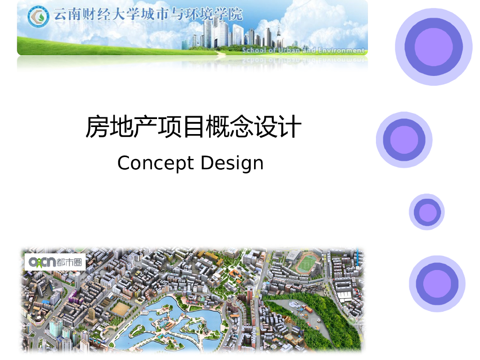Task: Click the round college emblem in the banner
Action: (38, 17)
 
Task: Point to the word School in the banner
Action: (254, 50)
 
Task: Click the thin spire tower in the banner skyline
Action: (278, 35)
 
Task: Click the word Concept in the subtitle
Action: (156, 163)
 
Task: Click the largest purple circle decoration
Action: (434, 47)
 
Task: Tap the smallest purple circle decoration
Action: (427, 212)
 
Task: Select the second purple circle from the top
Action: (404, 140)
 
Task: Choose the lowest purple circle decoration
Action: (437, 284)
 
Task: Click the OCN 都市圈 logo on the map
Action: (55, 262)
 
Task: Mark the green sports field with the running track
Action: (308, 263)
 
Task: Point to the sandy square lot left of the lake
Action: (120, 308)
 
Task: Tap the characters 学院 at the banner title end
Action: (230, 15)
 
